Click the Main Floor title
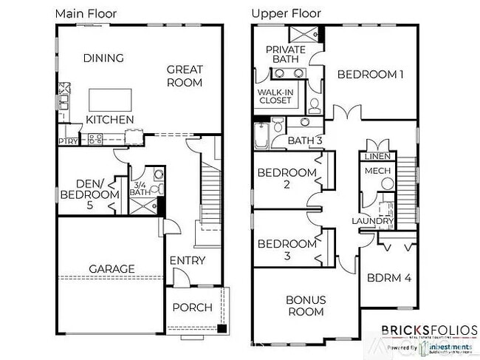[x=86, y=13]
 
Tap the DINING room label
[x=103, y=58]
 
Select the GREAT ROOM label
[x=185, y=76]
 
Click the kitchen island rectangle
[x=111, y=99]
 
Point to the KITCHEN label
[x=110, y=119]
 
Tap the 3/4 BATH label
[x=140, y=189]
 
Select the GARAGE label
[x=112, y=268]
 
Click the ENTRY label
[x=188, y=260]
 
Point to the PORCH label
[x=192, y=308]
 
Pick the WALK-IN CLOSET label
[x=275, y=97]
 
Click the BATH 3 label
[x=305, y=140]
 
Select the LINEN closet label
[x=377, y=157]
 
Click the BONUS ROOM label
[x=306, y=305]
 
